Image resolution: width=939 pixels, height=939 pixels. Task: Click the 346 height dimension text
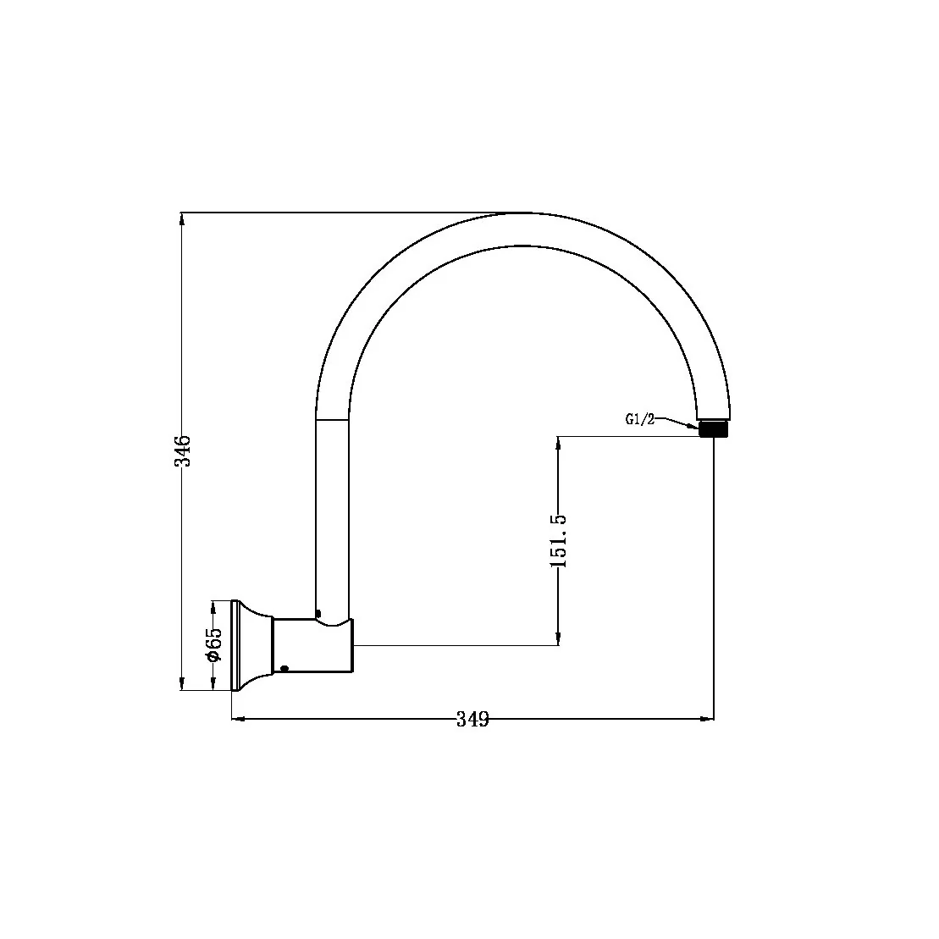pyautogui.click(x=182, y=450)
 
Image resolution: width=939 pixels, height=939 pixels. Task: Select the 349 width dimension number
pyautogui.click(x=472, y=720)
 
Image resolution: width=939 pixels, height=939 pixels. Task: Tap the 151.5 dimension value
pyautogui.click(x=559, y=540)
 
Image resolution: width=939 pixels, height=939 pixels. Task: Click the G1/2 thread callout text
pyautogui.click(x=640, y=419)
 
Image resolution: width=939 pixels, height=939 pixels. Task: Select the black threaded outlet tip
pyautogui.click(x=714, y=428)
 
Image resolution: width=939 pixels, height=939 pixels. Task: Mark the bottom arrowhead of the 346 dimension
pyautogui.click(x=182, y=684)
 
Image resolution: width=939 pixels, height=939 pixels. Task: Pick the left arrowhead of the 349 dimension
pyautogui.click(x=238, y=720)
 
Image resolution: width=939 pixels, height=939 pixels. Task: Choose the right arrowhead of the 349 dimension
pyautogui.click(x=707, y=720)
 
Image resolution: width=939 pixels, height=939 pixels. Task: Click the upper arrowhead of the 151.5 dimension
pyautogui.click(x=559, y=443)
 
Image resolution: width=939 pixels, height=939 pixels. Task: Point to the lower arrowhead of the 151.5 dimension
pyautogui.click(x=559, y=639)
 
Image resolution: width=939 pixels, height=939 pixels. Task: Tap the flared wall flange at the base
pyautogui.click(x=251, y=645)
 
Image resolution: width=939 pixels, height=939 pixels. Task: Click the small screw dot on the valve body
pyautogui.click(x=284, y=668)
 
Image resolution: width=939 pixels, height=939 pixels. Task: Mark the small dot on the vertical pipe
pyautogui.click(x=318, y=613)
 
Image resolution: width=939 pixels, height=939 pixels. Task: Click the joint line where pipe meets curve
pyautogui.click(x=332, y=418)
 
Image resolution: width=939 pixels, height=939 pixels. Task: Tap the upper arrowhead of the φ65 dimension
pyautogui.click(x=213, y=606)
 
